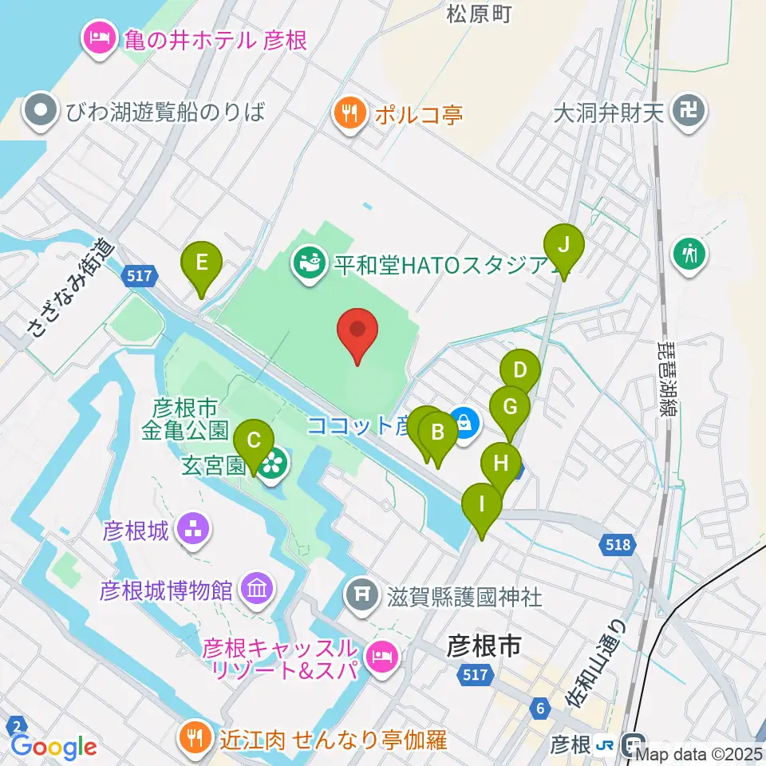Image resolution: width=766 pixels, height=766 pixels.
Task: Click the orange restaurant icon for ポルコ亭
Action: tap(349, 113)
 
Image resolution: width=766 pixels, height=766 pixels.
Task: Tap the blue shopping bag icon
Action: tap(463, 423)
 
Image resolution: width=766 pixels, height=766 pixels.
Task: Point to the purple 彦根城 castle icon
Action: tap(192, 528)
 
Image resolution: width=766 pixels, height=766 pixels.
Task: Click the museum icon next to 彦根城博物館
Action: tap(257, 590)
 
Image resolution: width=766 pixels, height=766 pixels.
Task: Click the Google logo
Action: tap(53, 746)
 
